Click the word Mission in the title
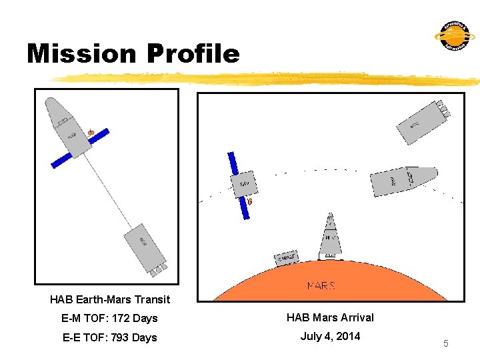click(77, 53)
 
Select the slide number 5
click(446, 343)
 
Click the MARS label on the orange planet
click(321, 285)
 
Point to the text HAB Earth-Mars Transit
click(110, 300)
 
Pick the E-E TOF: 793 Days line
click(110, 338)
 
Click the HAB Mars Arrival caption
click(330, 318)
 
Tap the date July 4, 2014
click(330, 336)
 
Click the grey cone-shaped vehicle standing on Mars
click(330, 237)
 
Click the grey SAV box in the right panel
click(245, 183)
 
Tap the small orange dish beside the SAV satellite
click(250, 200)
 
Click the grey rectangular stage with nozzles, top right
click(422, 122)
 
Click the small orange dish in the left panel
click(91, 133)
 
